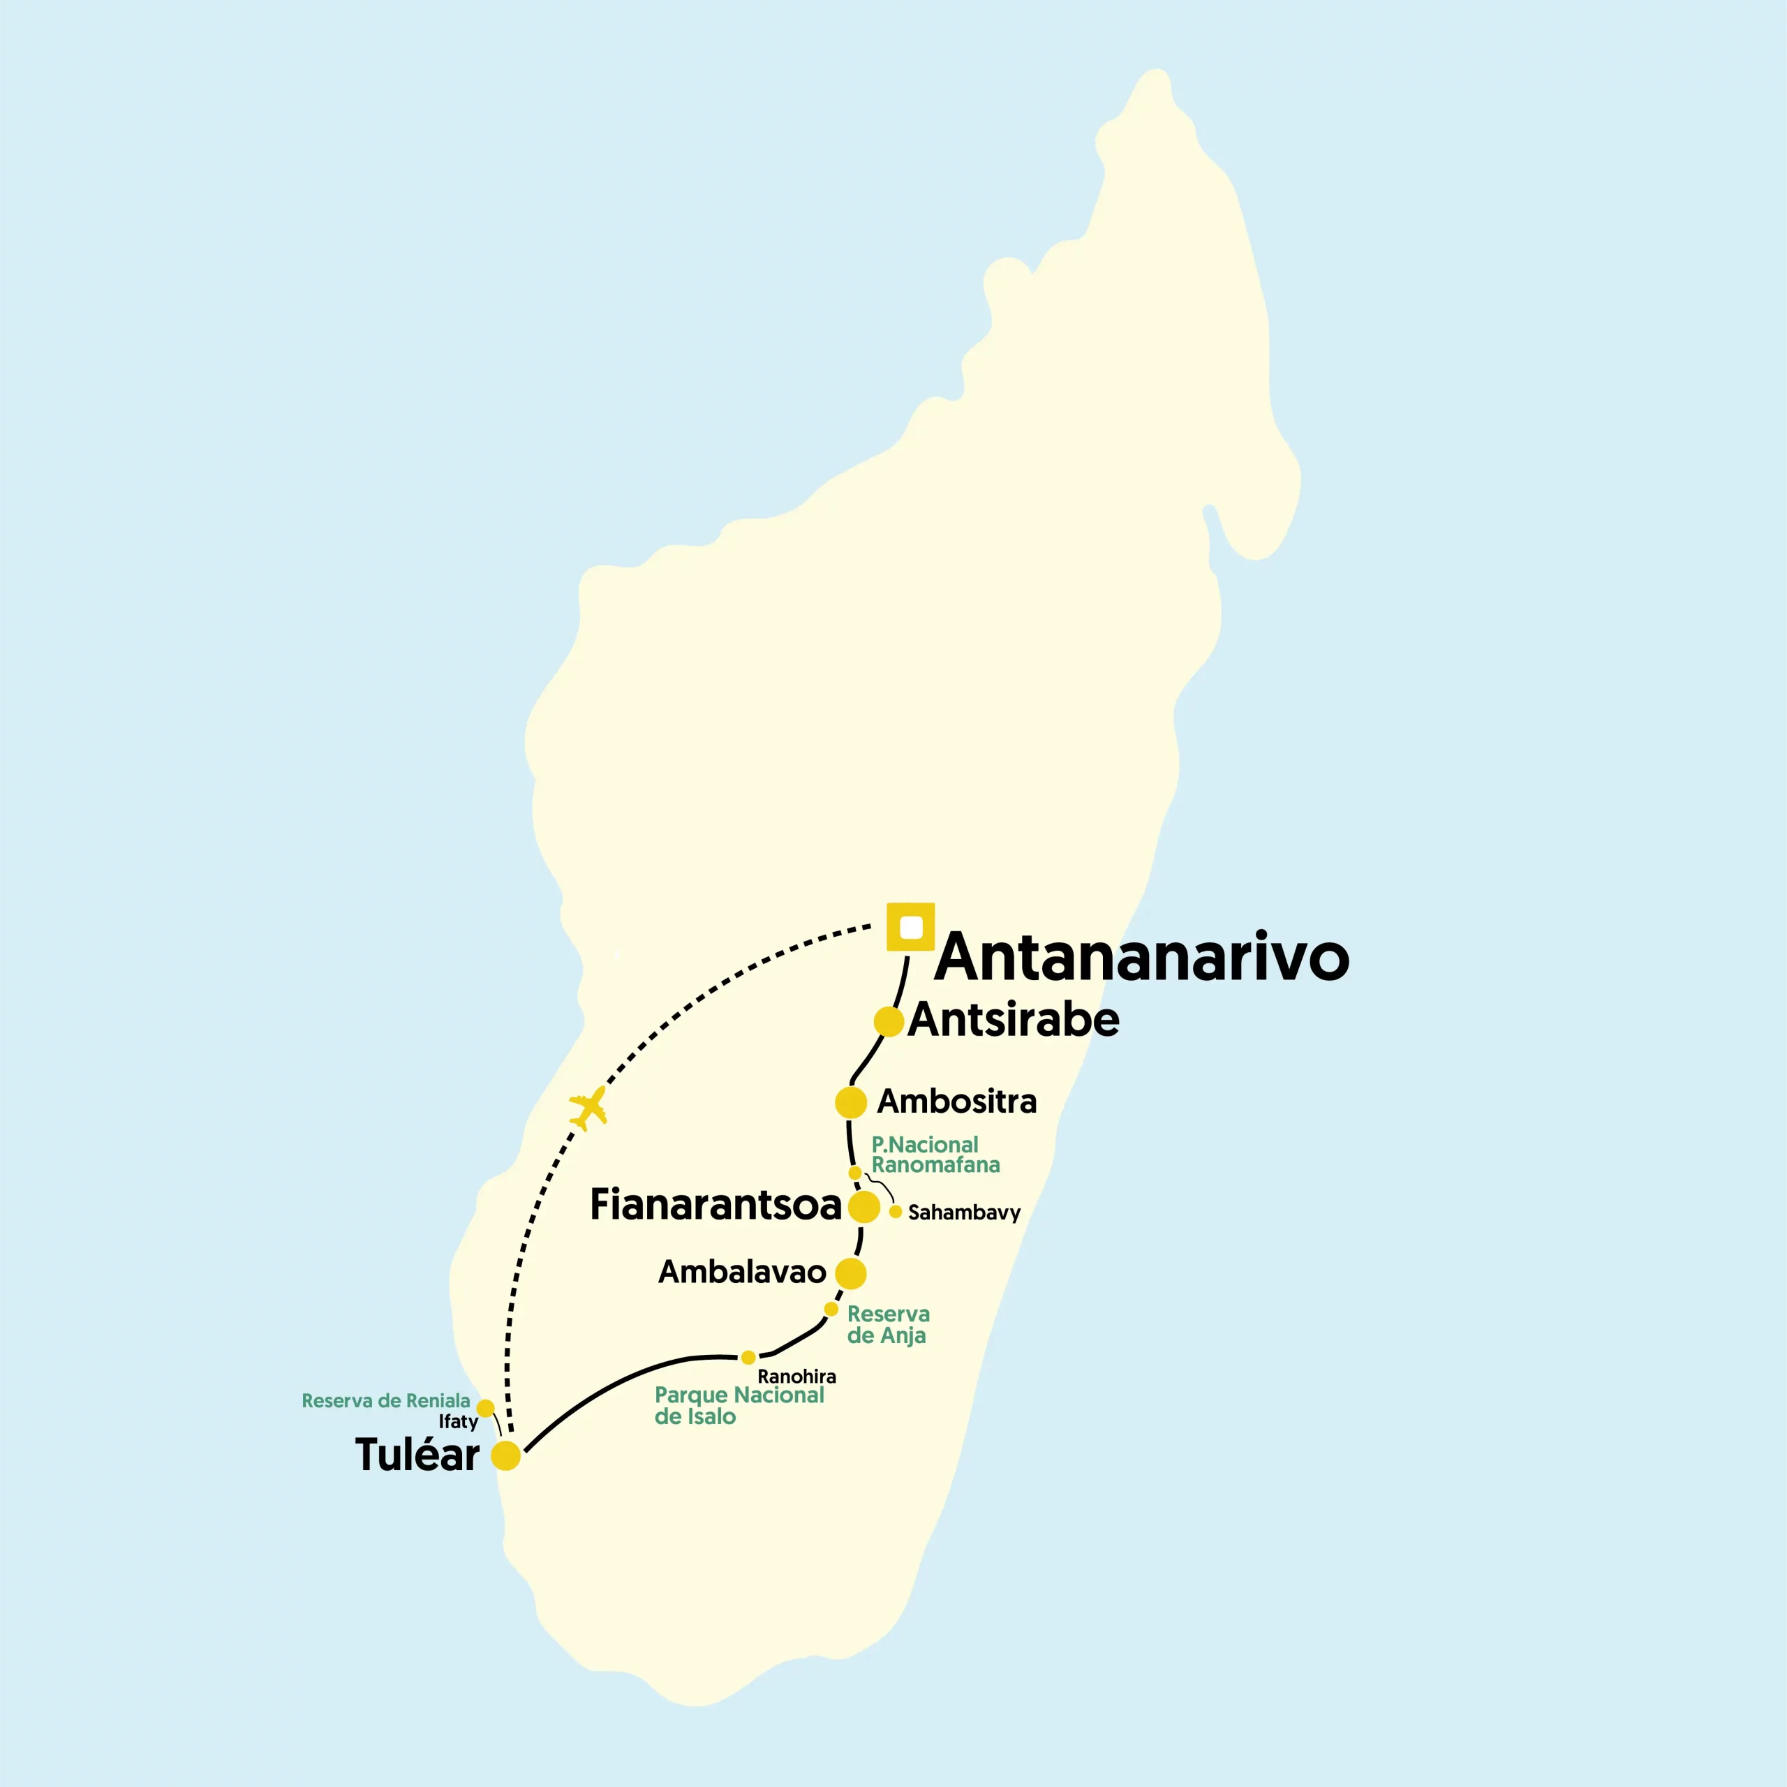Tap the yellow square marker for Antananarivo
point(910,926)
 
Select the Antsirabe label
point(1013,1019)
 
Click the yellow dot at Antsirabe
point(888,1021)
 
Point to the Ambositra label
point(956,1101)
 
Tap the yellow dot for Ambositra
point(850,1102)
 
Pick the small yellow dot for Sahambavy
point(896,1210)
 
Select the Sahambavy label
point(964,1213)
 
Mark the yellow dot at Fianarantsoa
point(864,1206)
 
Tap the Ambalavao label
point(742,1272)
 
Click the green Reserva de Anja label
point(887,1323)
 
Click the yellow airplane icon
point(588,1107)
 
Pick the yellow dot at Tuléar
point(506,1455)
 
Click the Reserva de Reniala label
point(386,1400)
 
